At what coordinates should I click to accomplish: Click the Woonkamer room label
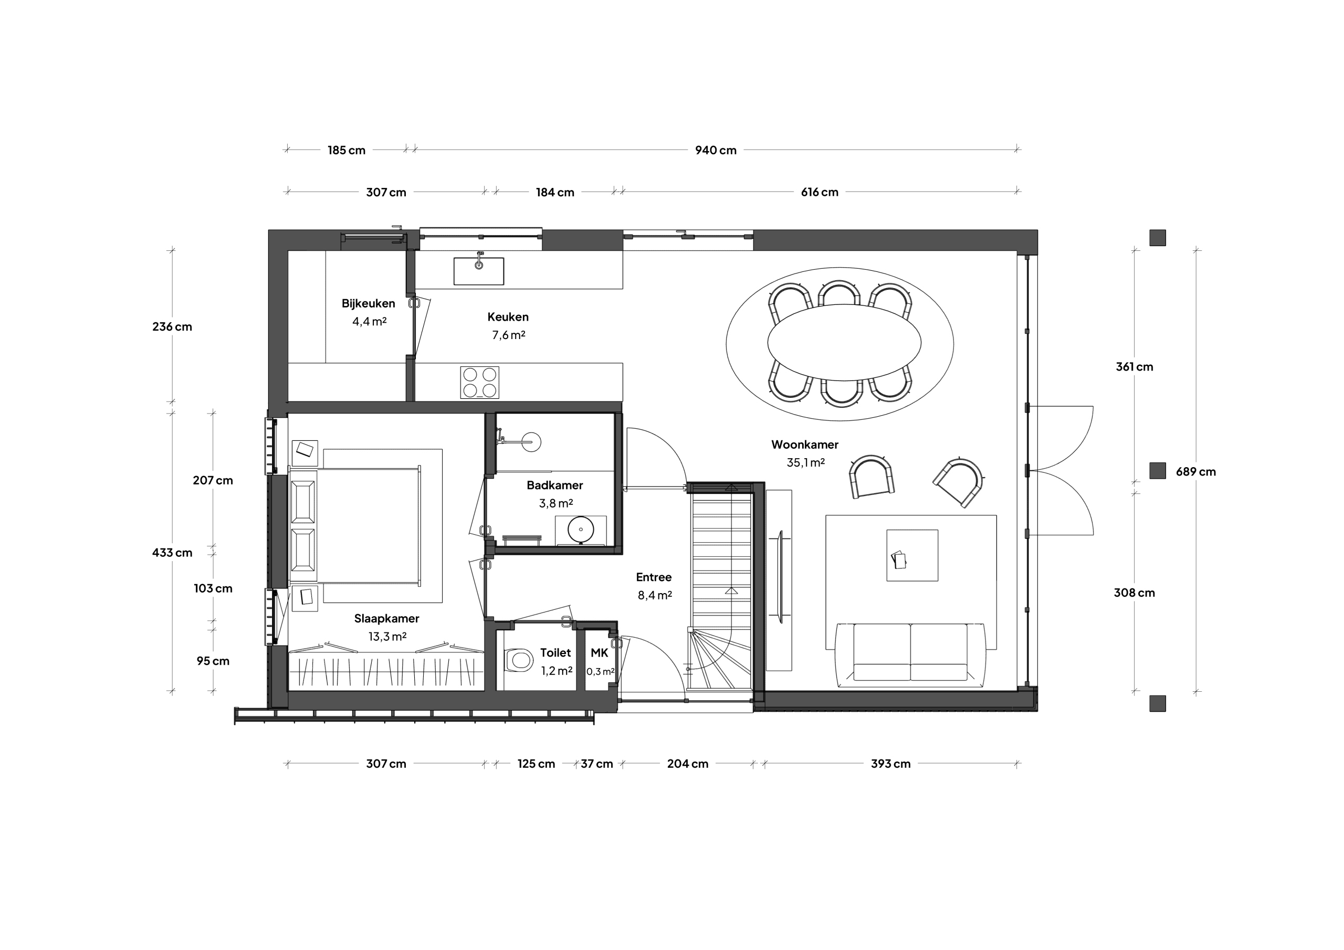(804, 445)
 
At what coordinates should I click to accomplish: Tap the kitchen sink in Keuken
(479, 271)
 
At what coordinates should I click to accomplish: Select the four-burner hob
(479, 383)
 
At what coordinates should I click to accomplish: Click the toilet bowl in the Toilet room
(518, 660)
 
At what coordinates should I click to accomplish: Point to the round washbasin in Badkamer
(581, 530)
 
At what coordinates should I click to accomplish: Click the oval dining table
(844, 342)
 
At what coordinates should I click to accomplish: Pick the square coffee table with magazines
(912, 555)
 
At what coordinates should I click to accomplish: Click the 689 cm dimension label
(1196, 472)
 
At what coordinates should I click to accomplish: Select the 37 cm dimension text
(596, 764)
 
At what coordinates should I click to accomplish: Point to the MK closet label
(600, 652)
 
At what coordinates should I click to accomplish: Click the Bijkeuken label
(368, 304)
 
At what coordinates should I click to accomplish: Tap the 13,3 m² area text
(387, 636)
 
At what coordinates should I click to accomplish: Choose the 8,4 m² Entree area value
(655, 595)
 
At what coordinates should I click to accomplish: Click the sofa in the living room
(910, 655)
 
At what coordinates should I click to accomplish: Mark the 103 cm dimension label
(213, 589)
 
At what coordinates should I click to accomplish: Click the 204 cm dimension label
(688, 764)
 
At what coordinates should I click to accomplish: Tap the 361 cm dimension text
(1135, 367)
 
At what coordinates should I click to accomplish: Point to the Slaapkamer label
(386, 619)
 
